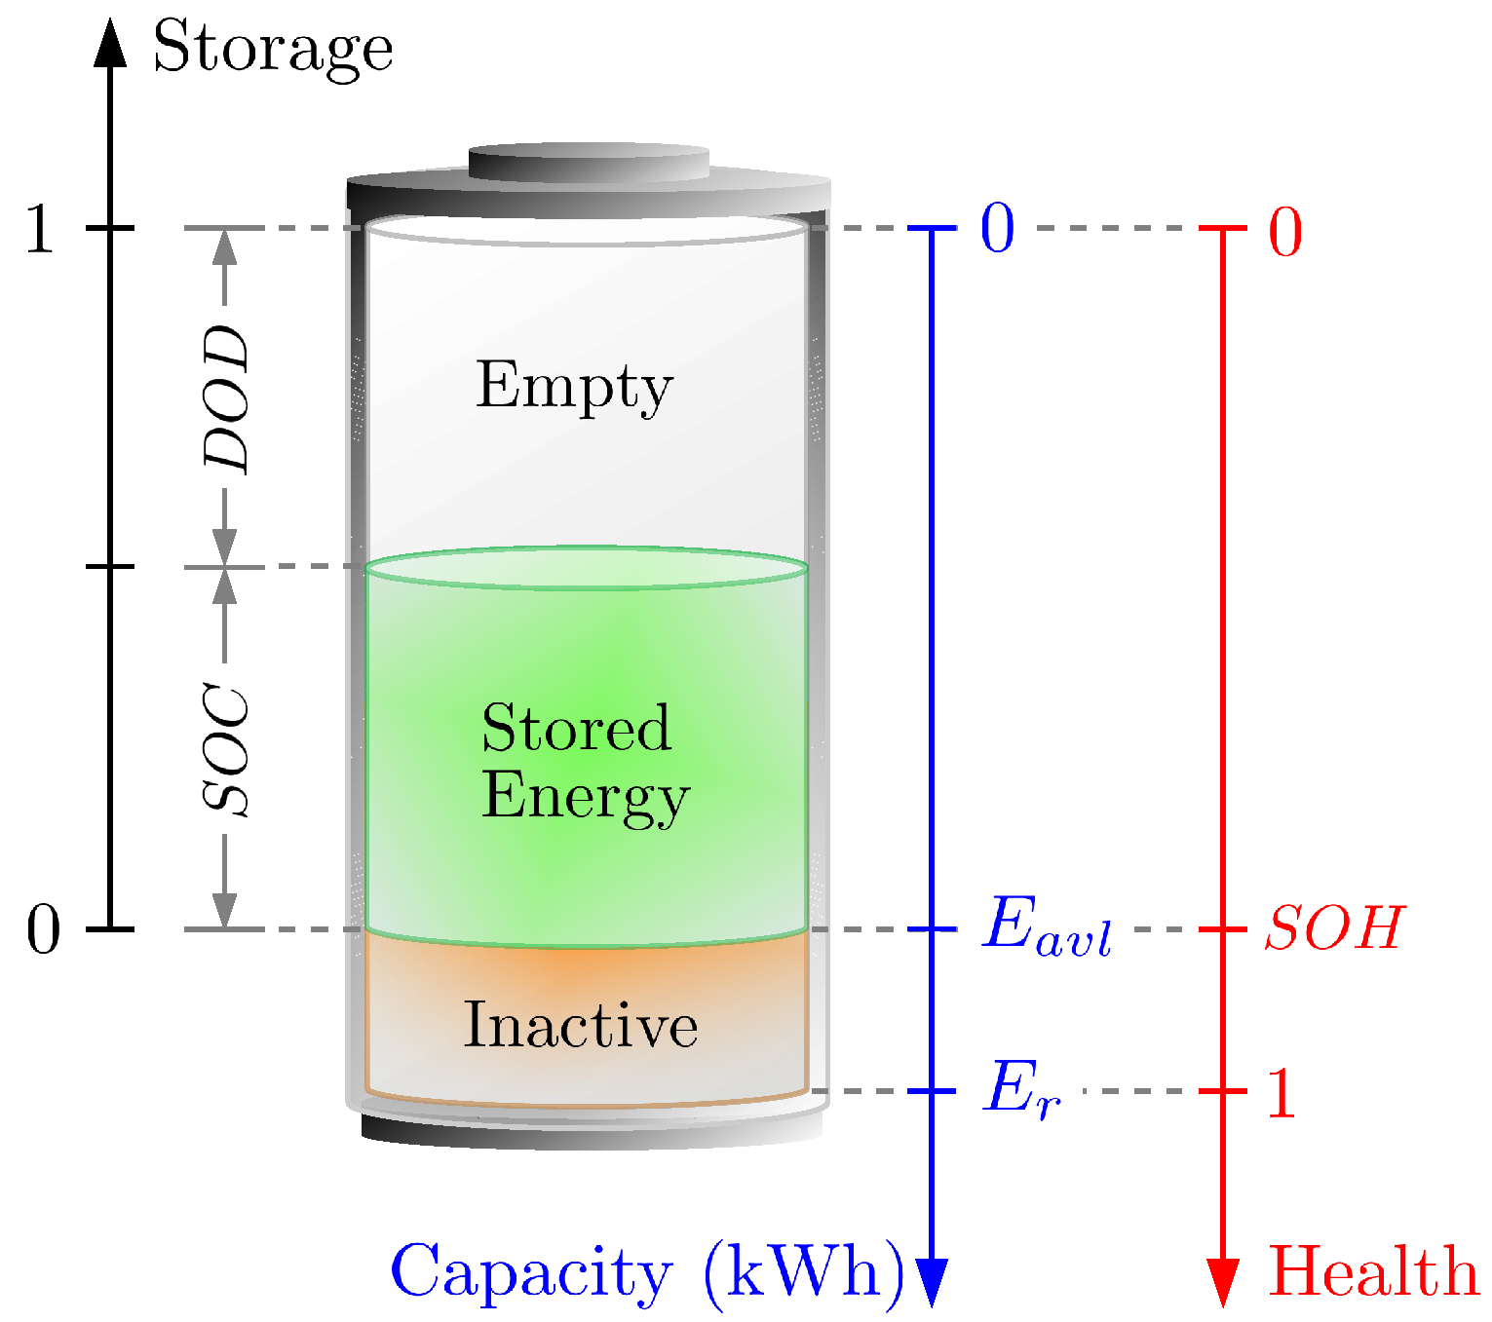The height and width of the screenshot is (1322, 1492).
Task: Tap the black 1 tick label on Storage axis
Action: pyautogui.click(x=40, y=230)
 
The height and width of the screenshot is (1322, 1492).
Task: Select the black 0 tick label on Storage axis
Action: pyautogui.click(x=43, y=930)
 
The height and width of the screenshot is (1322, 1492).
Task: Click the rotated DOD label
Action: pyautogui.click(x=226, y=398)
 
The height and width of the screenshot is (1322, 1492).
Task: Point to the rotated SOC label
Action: pyautogui.click(x=226, y=750)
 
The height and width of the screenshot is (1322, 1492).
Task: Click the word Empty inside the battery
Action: pyautogui.click(x=574, y=387)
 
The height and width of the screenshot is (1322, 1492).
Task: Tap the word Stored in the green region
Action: pyautogui.click(x=576, y=728)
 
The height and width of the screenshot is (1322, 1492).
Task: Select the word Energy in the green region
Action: pyautogui.click(x=585, y=797)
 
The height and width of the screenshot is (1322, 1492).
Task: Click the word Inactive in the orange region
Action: pyautogui.click(x=580, y=1025)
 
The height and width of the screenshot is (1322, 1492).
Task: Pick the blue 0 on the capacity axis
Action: pyautogui.click(x=997, y=230)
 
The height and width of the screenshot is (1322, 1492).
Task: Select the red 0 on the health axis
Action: pyautogui.click(x=1285, y=234)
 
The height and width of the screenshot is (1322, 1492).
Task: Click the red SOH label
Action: pyautogui.click(x=1334, y=927)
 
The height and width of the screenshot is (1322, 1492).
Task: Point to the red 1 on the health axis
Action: pyautogui.click(x=1281, y=1093)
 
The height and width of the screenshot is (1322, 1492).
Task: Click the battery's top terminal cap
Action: pyautogui.click(x=589, y=163)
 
